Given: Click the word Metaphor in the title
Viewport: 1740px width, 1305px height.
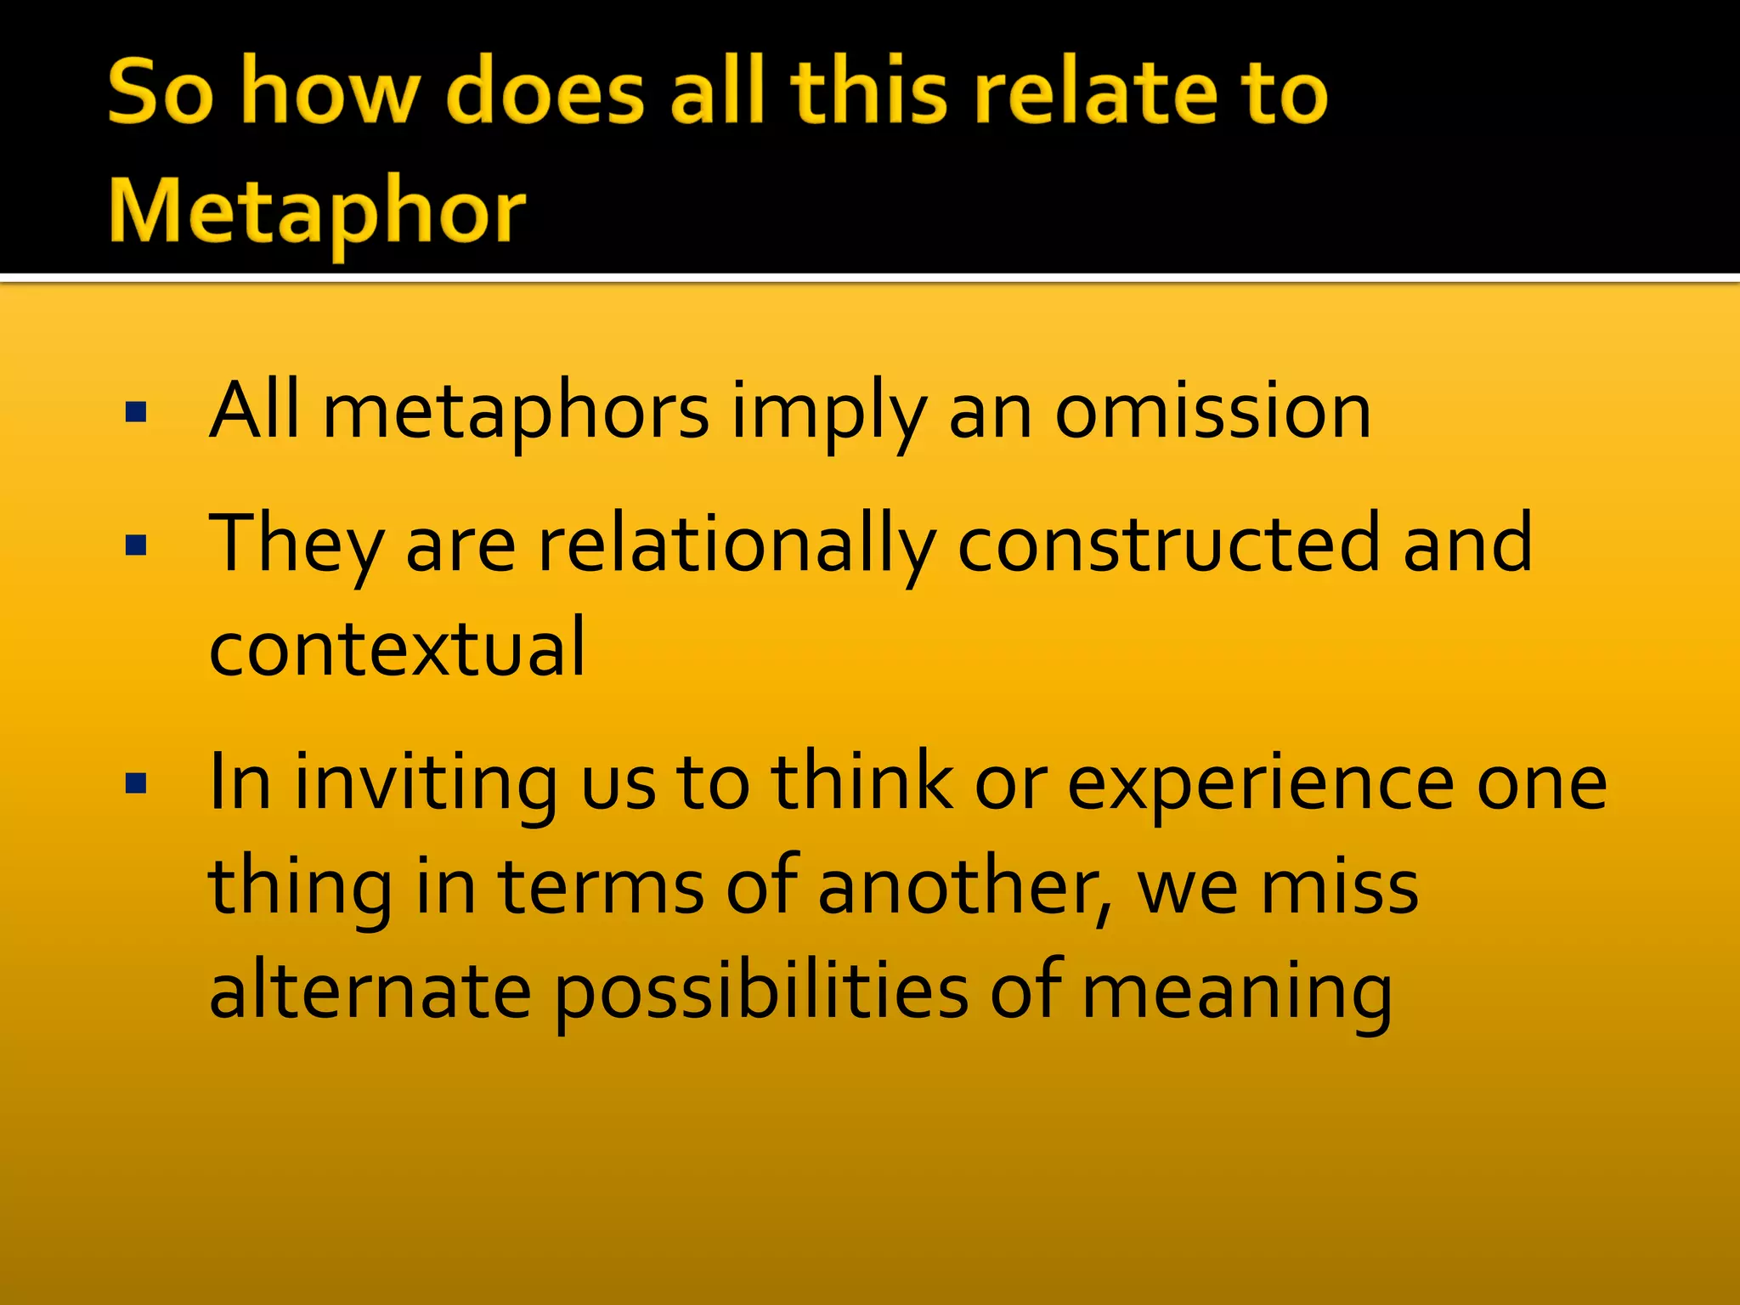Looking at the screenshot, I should click(x=318, y=211).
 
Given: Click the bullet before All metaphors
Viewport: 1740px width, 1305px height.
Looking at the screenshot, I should click(x=136, y=414).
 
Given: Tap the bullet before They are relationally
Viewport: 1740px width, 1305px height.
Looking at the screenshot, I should click(x=136, y=545).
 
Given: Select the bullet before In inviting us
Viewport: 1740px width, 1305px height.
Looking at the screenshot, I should click(x=136, y=782).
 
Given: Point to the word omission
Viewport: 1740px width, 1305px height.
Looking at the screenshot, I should click(x=1212, y=411).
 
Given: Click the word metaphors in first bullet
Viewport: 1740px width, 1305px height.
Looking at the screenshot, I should click(x=516, y=413).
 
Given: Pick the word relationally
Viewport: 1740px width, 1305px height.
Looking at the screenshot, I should click(x=737, y=544).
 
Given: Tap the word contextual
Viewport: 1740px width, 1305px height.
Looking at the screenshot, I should click(x=397, y=647).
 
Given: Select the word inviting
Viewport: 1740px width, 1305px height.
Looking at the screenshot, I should click(x=424, y=783).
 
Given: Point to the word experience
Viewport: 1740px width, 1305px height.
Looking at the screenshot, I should click(x=1260, y=783).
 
